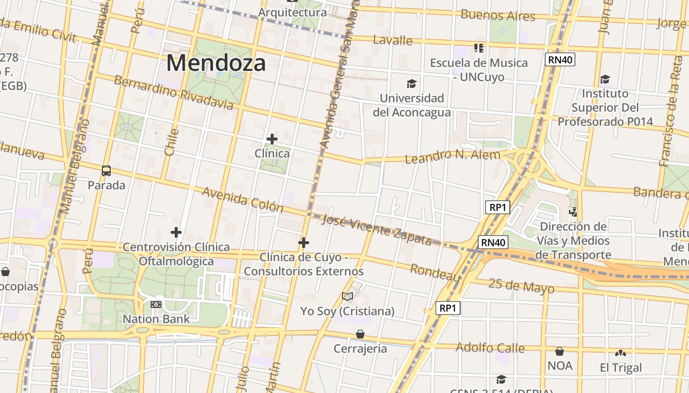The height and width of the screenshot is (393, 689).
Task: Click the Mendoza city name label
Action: pos(216,63)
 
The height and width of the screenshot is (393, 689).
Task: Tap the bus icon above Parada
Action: pos(106,171)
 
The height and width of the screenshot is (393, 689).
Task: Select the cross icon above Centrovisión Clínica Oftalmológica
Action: pos(176,232)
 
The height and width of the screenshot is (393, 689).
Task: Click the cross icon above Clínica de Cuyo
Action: pos(304,242)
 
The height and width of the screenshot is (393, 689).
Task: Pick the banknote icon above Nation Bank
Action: pos(156,305)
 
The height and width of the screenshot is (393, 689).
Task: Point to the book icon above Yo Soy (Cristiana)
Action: pos(347,296)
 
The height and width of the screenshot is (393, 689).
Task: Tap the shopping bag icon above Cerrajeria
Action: pos(360,334)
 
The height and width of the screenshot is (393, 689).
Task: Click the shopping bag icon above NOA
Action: pos(560,351)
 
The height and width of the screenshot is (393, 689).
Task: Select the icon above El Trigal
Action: pos(621,353)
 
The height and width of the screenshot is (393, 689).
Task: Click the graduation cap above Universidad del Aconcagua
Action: pos(411,84)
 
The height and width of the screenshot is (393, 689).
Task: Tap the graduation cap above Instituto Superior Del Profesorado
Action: pos(605,79)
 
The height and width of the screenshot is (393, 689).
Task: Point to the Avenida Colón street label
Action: pos(243,199)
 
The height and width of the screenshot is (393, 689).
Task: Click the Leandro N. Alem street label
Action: pos(452,156)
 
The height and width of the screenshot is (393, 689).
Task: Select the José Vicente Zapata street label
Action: pos(376,230)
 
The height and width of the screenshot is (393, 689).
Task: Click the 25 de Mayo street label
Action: pos(521,285)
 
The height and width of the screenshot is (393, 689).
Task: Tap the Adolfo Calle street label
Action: pos(490,348)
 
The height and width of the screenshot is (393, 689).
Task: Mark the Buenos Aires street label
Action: pos(498,15)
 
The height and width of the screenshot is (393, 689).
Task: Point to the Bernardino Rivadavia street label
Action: pos(173,92)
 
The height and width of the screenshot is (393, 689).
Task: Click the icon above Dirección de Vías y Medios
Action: pos(573,212)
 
